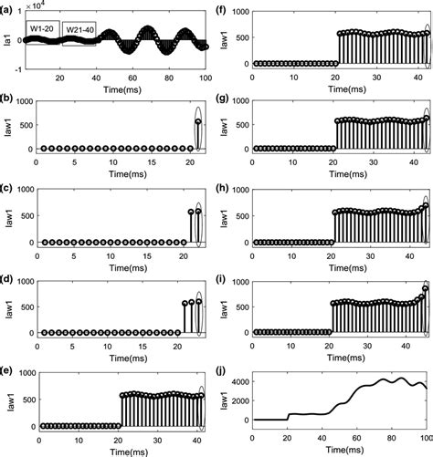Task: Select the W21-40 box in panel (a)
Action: pyautogui.click(x=78, y=41)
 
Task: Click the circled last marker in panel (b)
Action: pyautogui.click(x=200, y=122)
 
